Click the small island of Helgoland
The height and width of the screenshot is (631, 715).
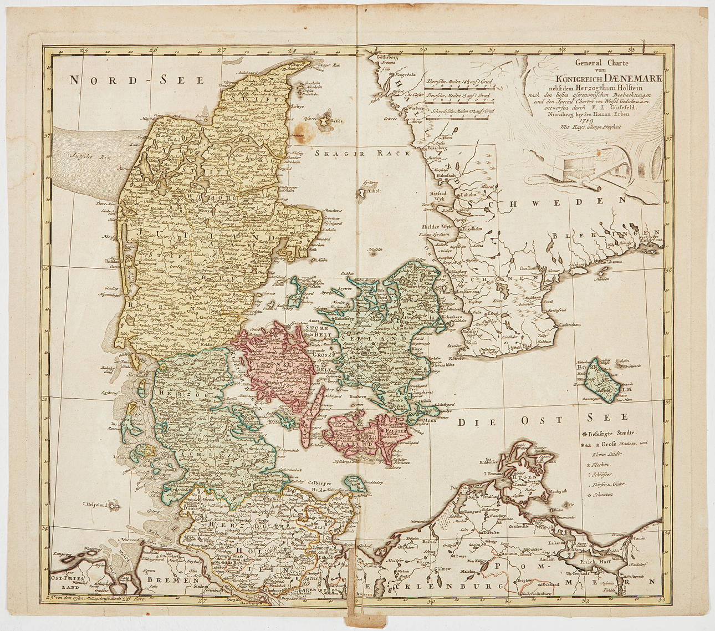click(x=114, y=506)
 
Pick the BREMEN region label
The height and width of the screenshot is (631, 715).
click(x=165, y=580)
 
